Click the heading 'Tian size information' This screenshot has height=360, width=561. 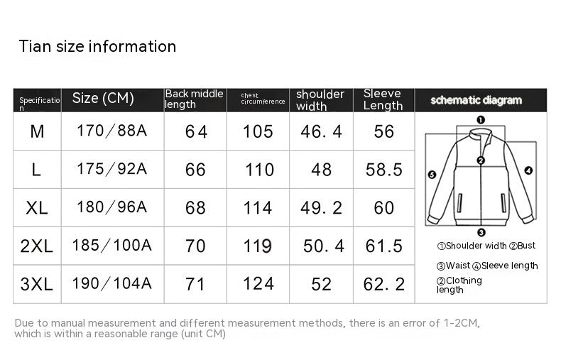click(97, 47)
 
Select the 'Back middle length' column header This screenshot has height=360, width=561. click(194, 99)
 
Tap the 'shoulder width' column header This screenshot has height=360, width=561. click(320, 100)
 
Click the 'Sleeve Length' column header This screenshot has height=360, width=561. click(383, 99)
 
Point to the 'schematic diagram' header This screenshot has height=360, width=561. click(476, 100)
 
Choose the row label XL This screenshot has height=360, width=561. click(36, 208)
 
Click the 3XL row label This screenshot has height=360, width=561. click(36, 284)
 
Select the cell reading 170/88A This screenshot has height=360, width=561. click(111, 131)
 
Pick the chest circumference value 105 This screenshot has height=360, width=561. click(258, 131)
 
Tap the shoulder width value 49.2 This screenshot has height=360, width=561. click(321, 208)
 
